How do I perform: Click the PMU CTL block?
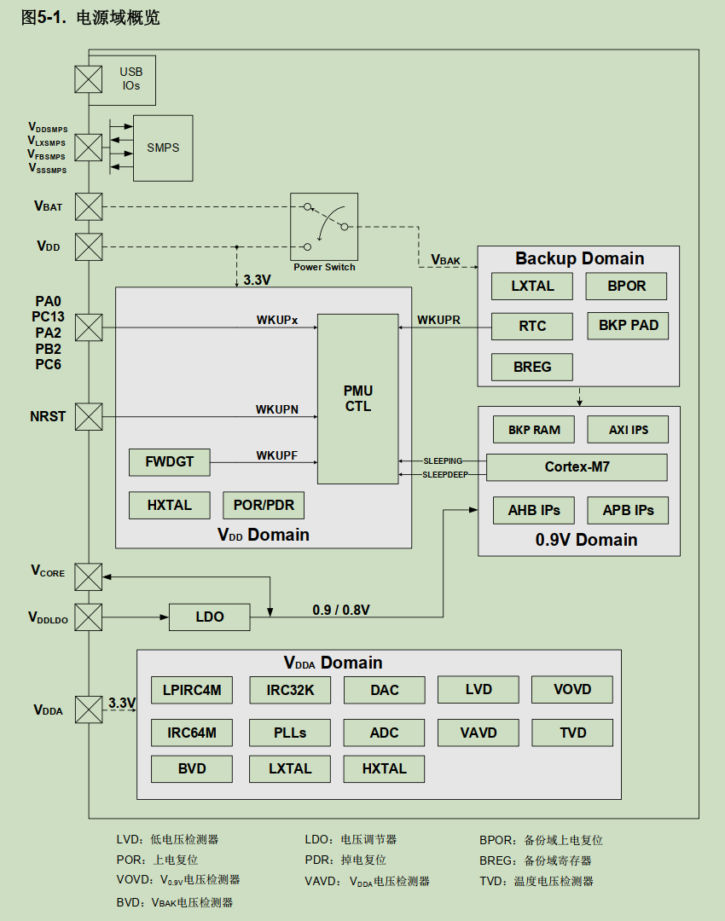[x=358, y=399]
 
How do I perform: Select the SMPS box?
[x=163, y=148]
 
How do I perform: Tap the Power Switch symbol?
[x=324, y=227]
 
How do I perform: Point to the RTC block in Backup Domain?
[x=532, y=326]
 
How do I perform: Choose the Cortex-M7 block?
[x=577, y=467]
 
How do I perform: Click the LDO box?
[x=210, y=617]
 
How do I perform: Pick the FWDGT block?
[x=169, y=462]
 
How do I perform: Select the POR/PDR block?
[x=264, y=506]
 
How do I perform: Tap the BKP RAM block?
[x=534, y=430]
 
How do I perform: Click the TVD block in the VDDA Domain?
[x=572, y=733]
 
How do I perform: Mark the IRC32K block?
[x=290, y=690]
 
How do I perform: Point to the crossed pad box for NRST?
[x=89, y=417]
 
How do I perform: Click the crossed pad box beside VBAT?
[x=89, y=206]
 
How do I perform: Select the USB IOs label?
[x=130, y=79]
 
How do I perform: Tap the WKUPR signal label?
[x=438, y=321]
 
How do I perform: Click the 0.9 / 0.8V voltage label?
[x=341, y=610]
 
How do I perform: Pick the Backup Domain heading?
[x=579, y=258]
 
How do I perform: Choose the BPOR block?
[x=626, y=287]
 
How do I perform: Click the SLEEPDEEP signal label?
[x=445, y=475]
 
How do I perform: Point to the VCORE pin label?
[x=48, y=571]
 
